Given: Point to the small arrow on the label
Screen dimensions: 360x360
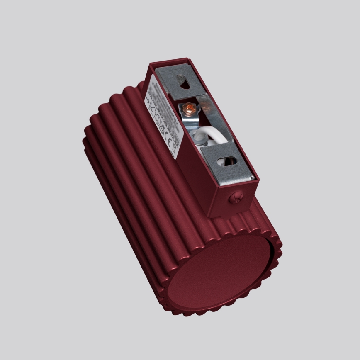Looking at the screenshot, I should tap(148, 101).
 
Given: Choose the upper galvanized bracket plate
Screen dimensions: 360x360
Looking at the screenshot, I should tap(174, 80).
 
